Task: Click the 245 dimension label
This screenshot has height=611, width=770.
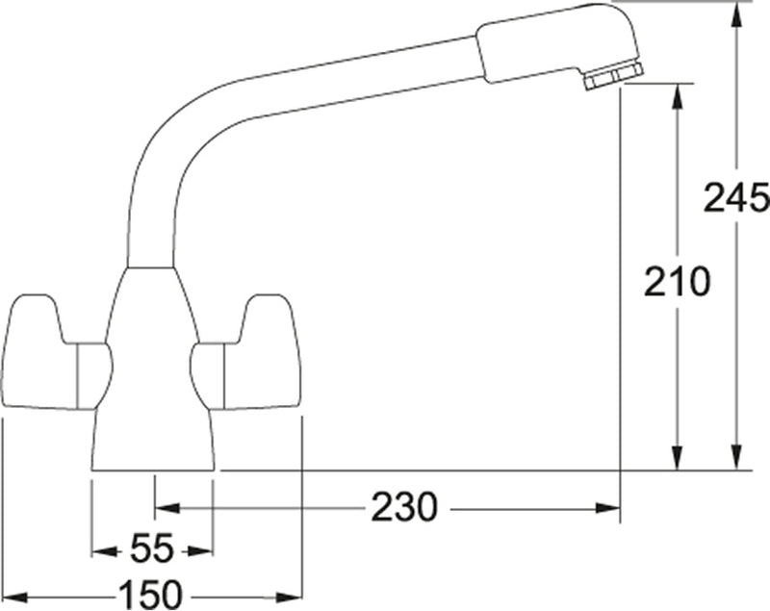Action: (736, 198)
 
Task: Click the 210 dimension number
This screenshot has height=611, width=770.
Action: (678, 282)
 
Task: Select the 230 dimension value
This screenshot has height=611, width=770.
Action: (403, 507)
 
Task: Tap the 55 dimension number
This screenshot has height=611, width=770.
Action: (152, 548)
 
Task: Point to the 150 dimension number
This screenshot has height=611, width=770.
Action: (149, 595)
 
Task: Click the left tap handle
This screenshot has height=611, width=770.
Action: (57, 352)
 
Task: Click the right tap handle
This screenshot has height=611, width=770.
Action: (245, 352)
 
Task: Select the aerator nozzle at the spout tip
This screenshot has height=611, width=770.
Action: (613, 76)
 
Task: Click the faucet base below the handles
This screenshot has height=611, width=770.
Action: (153, 439)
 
